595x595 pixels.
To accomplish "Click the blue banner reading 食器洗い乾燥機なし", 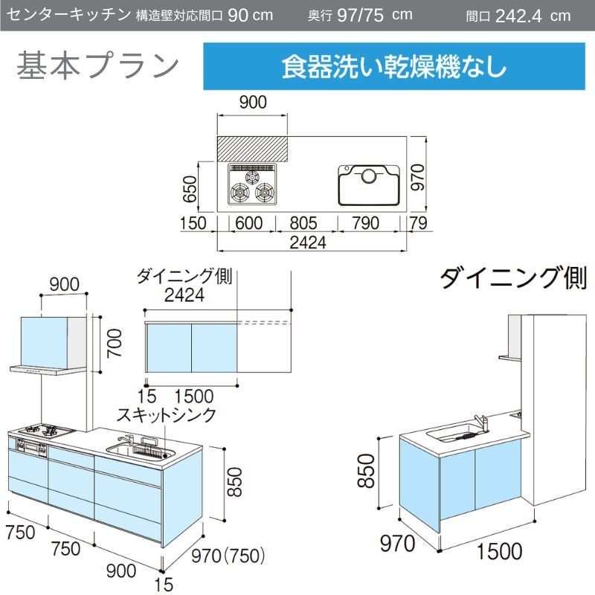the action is point(394,66).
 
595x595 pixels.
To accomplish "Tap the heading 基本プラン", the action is point(97,65).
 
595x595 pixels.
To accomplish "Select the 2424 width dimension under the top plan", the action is point(308,243).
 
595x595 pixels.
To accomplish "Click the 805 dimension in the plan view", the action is point(303,223).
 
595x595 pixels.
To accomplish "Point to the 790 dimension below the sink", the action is point(365,223).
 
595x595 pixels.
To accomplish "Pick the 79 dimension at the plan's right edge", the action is point(418,223).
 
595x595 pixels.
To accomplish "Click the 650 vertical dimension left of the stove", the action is point(190,189).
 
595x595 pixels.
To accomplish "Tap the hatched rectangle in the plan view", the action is point(252,149).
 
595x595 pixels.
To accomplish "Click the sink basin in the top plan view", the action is point(369,185).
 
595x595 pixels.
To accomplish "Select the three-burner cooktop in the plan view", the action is point(252,184).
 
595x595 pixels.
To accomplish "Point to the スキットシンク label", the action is point(166,415).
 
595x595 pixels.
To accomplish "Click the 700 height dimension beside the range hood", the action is point(115,343).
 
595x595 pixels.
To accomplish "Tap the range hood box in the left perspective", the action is point(54,342).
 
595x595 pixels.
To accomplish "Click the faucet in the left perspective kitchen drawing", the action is point(126,440).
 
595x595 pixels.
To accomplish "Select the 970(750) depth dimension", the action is point(228,556).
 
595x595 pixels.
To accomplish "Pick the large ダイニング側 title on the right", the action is point(513,278).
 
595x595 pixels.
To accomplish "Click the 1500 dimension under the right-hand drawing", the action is point(499,551).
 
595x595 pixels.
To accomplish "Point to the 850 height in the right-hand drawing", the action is point(367,471).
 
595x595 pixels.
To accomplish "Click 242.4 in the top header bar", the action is point(518,16).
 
